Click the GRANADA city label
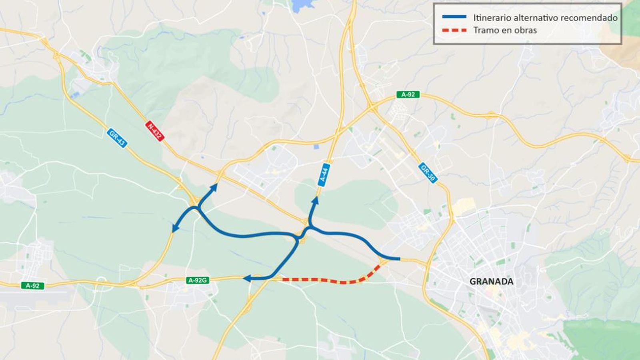click(x=491, y=282)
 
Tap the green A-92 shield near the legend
click(x=408, y=95)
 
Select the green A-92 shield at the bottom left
click(x=32, y=286)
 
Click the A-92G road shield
click(x=198, y=280)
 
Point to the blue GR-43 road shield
click(x=117, y=138)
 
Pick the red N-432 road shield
click(x=155, y=131)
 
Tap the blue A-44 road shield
click(x=324, y=174)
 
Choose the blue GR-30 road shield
click(x=428, y=173)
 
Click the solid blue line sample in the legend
click(x=454, y=17)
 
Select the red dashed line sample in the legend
click(x=454, y=30)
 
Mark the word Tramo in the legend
click(x=485, y=30)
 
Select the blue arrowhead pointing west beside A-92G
click(x=247, y=278)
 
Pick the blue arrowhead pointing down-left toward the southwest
click(x=174, y=228)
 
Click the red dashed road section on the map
click(x=332, y=281)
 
